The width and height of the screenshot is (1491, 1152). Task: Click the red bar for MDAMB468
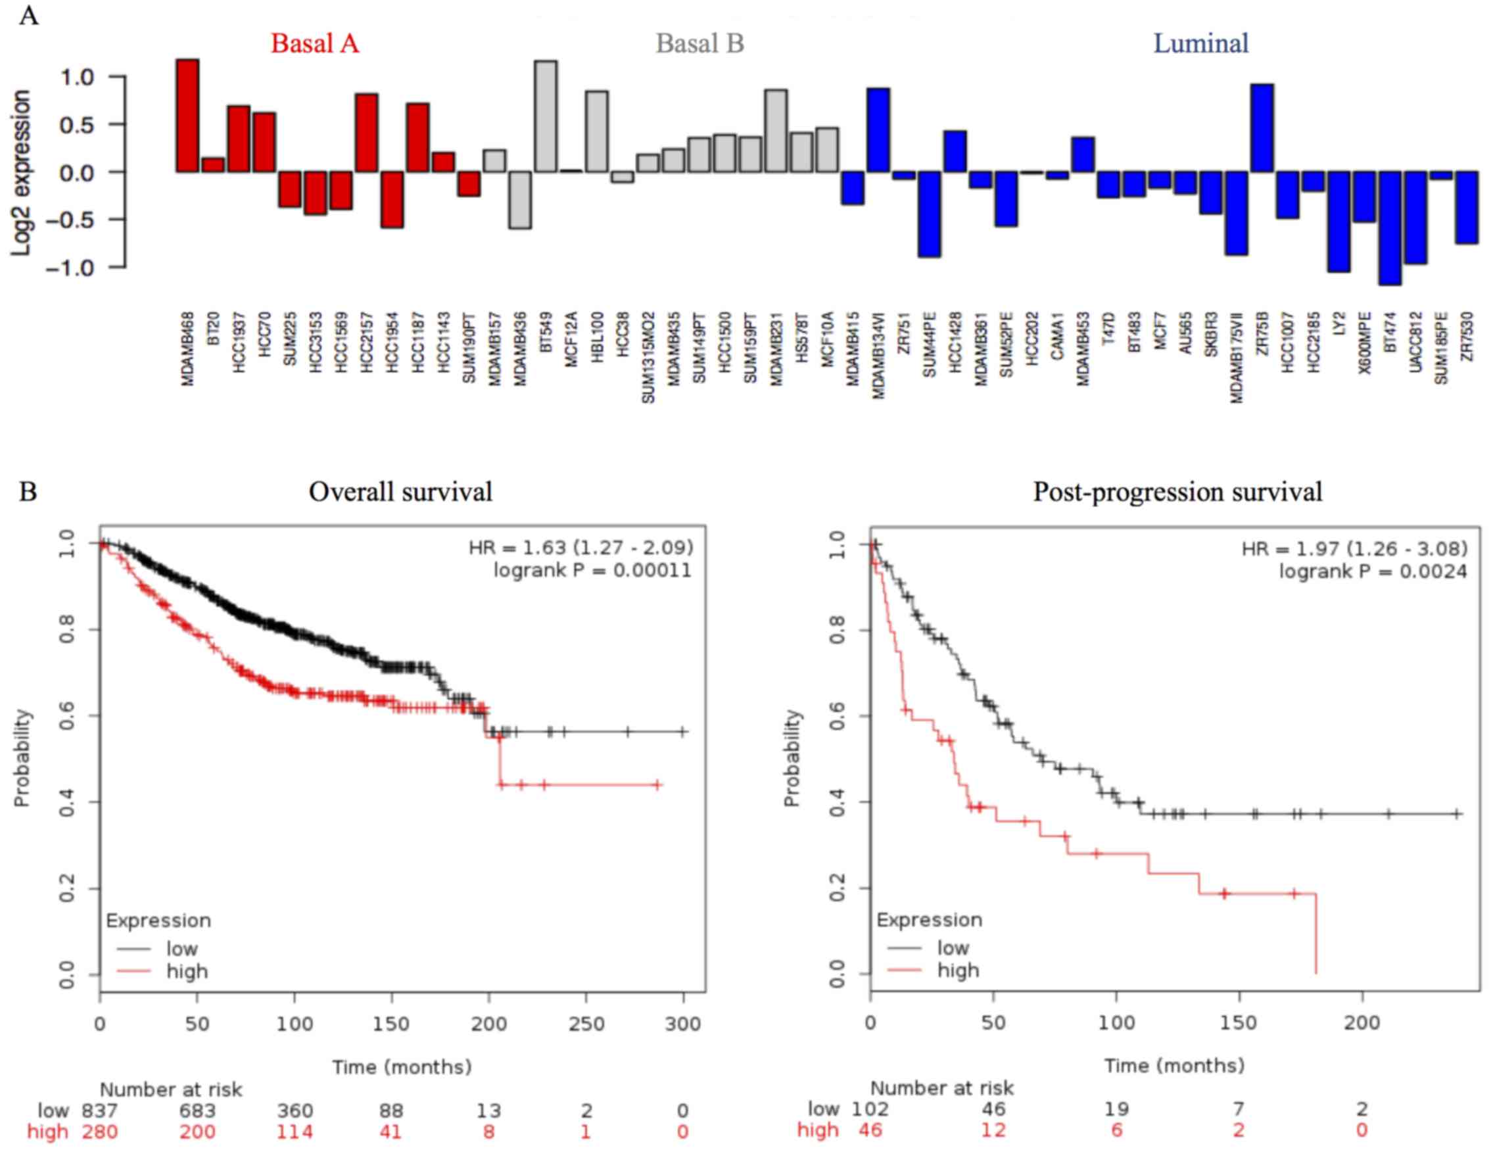pos(188,116)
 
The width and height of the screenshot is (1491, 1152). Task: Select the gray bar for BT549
pos(546,116)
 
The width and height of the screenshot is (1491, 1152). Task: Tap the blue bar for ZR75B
pos(1262,128)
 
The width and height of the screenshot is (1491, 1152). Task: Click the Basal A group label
pos(315,43)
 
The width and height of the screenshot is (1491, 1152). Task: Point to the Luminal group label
pos(1201,43)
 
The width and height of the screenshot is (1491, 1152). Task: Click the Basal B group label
pos(699,43)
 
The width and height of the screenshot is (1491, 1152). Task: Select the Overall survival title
pos(401,492)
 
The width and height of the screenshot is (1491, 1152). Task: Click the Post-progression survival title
pos(1177,492)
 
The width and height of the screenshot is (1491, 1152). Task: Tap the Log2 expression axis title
pos(22,173)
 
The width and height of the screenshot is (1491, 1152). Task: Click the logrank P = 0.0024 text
pos(1373,571)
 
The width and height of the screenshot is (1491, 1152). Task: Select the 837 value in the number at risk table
pos(100,1111)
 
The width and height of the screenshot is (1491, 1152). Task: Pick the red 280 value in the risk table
pos(100,1132)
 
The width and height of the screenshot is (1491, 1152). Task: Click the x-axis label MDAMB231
pos(776,349)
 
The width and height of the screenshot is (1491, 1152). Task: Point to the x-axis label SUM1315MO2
pos(648,357)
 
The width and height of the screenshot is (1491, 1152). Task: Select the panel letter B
pos(28,492)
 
